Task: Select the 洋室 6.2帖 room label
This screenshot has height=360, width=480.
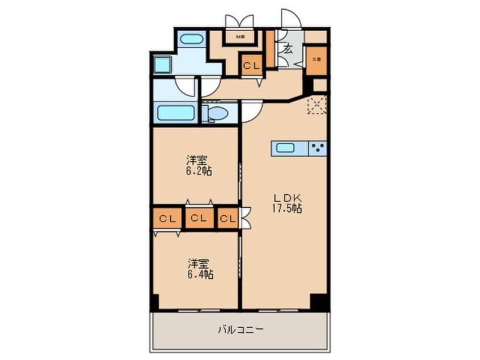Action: tap(199, 165)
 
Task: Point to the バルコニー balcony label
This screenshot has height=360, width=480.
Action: tap(240, 329)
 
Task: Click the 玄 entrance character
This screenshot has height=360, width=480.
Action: tap(288, 49)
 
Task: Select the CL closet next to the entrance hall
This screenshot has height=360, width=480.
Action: tap(251, 65)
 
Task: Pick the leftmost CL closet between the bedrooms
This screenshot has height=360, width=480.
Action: tap(166, 218)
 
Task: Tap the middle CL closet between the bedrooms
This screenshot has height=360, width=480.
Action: tap(198, 218)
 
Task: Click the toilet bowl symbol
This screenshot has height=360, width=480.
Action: tap(216, 113)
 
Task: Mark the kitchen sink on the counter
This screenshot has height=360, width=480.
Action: tap(285, 149)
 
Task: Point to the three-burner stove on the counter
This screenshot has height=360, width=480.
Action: tap(318, 149)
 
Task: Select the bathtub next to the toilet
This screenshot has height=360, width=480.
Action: tap(176, 112)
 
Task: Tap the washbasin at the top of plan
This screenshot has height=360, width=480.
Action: tap(191, 41)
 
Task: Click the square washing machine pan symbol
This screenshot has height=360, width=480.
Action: tap(162, 64)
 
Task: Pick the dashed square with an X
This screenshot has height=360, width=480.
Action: tap(317, 106)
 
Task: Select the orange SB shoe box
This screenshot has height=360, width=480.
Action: tap(317, 59)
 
